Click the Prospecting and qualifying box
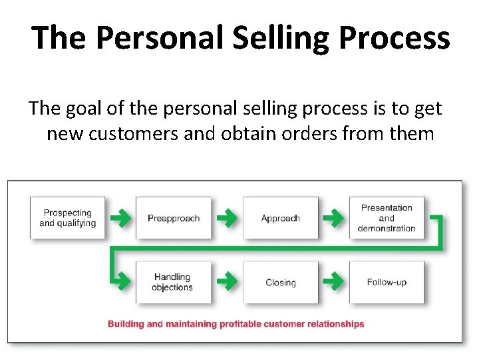point(67,218)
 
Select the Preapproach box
point(174,218)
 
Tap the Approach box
point(280,218)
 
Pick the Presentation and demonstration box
point(387,218)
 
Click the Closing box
point(280,282)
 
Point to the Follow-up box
point(387,282)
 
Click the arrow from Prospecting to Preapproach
point(120,217)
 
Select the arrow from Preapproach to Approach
point(227,217)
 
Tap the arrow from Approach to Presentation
point(334,217)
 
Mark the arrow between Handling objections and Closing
point(227,281)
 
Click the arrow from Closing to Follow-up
point(334,281)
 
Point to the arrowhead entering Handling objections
point(123,281)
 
